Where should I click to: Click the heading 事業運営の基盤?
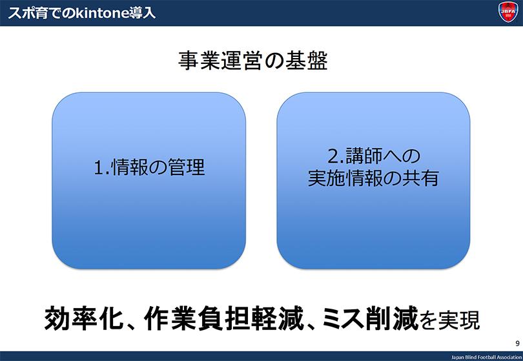click(x=253, y=62)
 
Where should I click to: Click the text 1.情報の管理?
click(x=149, y=168)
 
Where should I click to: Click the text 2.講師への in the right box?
click(x=373, y=157)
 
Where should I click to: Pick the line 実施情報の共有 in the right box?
click(x=373, y=178)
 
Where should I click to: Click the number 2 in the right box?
click(x=331, y=158)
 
